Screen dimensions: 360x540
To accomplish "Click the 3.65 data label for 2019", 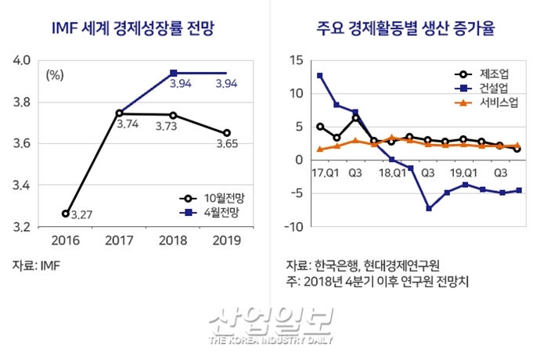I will point(227,144).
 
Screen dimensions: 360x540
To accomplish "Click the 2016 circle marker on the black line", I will point(65,213).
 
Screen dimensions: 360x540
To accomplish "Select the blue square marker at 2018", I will point(173,73).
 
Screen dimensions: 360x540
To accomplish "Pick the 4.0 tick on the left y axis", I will point(22,60).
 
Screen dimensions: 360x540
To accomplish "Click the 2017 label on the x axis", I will point(119,241).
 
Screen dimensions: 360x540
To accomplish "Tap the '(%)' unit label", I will point(55,75).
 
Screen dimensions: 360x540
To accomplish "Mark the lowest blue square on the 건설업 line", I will point(429,208).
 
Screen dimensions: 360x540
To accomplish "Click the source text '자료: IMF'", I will point(37,265).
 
